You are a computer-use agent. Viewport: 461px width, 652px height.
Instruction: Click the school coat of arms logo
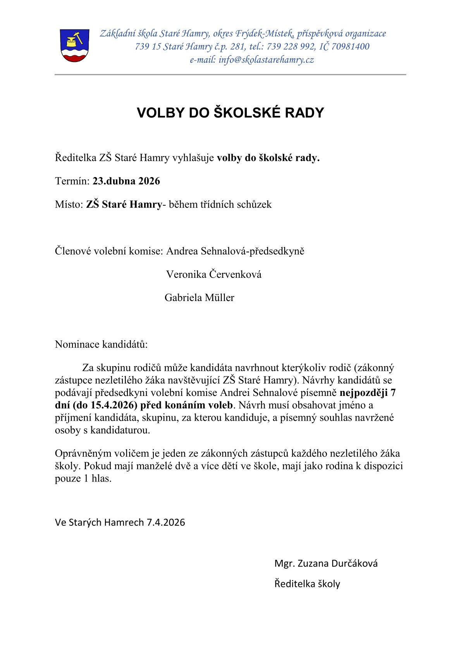[x=75, y=45]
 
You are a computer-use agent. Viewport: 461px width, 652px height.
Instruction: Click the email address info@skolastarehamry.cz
[x=266, y=60]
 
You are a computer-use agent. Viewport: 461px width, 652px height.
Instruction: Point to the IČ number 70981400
[x=350, y=47]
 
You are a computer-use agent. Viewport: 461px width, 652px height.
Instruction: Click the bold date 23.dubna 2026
[x=126, y=181]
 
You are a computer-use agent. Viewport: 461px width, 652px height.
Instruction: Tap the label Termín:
[x=72, y=181]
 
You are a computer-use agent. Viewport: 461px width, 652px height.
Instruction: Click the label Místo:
[x=69, y=205]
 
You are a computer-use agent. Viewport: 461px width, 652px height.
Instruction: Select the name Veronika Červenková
[x=214, y=274]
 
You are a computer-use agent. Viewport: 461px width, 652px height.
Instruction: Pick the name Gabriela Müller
[x=200, y=298]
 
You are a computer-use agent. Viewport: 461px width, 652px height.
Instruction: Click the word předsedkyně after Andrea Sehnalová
[x=277, y=251]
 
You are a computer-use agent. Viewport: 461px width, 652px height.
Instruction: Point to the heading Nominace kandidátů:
[x=101, y=344]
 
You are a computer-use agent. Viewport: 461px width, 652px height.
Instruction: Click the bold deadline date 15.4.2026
[x=112, y=405]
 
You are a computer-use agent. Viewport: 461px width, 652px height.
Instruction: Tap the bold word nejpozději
[x=363, y=393]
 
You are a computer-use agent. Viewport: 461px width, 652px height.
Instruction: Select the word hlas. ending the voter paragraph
[x=101, y=478]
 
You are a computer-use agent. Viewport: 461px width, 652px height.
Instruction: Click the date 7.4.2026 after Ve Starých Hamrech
[x=165, y=522]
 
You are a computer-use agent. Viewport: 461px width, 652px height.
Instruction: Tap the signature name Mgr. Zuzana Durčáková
[x=326, y=563]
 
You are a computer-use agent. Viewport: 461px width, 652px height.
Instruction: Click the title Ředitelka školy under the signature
[x=307, y=584]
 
